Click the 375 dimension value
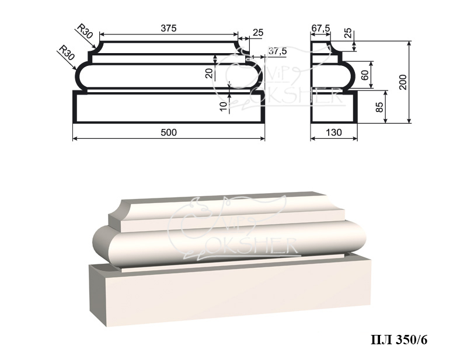coord(169,28)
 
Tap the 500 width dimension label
coord(169,132)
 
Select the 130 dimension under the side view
coord(334,132)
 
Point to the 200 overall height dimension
coord(403,82)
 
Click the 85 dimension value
coord(379,107)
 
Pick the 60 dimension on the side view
coord(364,75)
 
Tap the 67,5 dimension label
coord(320,28)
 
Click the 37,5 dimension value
coord(277,51)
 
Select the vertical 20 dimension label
coord(210,73)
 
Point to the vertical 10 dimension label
coord(224,107)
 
